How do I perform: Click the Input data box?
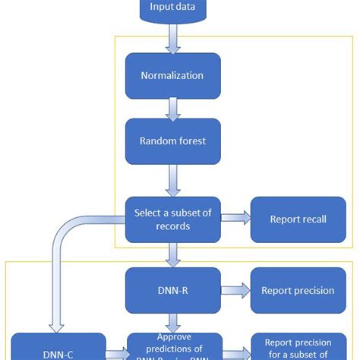tap(172, 9)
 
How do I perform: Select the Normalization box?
tap(172, 76)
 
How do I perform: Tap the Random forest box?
tap(172, 141)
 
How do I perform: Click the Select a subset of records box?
tap(172, 219)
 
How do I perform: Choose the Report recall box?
tap(298, 219)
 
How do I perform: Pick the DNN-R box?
tap(172, 290)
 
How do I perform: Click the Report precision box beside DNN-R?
tap(298, 290)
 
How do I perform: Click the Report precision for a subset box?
tap(298, 347)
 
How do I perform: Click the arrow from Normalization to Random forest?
tap(173, 108)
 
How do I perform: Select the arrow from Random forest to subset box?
tap(173, 181)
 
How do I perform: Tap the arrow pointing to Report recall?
tap(235, 219)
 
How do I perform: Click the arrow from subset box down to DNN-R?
tap(173, 254)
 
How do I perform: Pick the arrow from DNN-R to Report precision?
tap(235, 290)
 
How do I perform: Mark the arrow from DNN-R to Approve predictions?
tap(173, 323)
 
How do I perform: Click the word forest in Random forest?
tap(189, 141)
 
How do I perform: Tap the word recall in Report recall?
tap(313, 219)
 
